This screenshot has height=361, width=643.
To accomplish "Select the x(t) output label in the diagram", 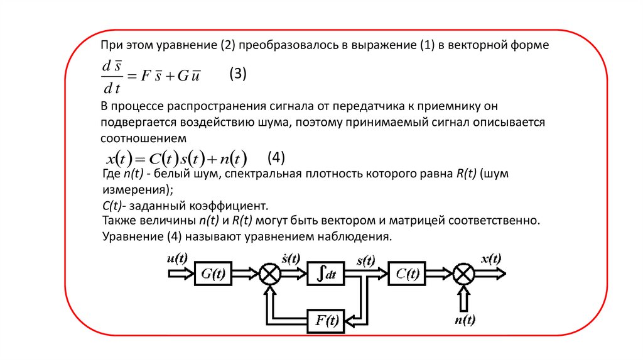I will point(490,258).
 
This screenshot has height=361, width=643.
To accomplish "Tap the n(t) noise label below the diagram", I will point(464,321).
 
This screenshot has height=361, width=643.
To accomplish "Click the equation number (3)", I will point(238,74).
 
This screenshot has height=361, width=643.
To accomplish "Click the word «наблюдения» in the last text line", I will point(357,237).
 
